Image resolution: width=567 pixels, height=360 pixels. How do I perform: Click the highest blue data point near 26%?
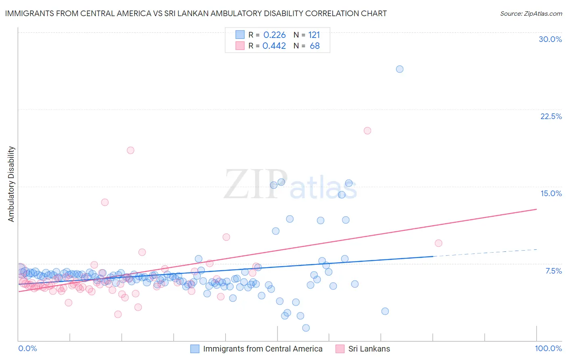coord(400,69)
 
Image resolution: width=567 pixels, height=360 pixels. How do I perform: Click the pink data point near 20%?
coord(367,131)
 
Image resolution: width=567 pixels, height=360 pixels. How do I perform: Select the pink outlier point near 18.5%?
coord(130,150)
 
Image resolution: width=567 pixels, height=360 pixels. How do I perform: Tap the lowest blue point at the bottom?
coord(306,328)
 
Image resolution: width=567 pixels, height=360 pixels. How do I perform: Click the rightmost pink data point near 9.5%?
coord(439,243)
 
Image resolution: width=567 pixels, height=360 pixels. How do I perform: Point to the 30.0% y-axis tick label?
coord(550,39)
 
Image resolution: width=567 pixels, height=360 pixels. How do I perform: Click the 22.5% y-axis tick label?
coord(551,116)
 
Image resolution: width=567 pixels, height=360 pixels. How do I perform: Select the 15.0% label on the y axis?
coord(551,193)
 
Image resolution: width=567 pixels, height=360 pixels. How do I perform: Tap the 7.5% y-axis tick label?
coord(553,271)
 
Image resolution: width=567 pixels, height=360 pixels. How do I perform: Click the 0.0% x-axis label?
coord(27,348)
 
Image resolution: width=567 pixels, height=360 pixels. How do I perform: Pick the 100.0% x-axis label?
coord(548,348)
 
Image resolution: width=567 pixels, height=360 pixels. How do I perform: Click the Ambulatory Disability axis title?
coord(11,184)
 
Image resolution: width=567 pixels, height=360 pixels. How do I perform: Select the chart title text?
coord(196,13)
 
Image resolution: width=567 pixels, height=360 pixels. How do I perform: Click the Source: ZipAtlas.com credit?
coord(531,13)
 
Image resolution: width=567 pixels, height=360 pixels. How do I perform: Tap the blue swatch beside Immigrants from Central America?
coord(195,349)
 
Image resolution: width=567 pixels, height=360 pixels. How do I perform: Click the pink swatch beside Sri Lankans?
coord(340,349)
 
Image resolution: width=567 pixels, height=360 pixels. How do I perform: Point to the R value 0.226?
coord(275,35)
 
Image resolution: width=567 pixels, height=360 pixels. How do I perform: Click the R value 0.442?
coord(274,46)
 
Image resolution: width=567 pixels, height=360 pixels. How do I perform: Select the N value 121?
coord(314,35)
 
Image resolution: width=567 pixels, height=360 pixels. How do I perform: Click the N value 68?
coord(315,46)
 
